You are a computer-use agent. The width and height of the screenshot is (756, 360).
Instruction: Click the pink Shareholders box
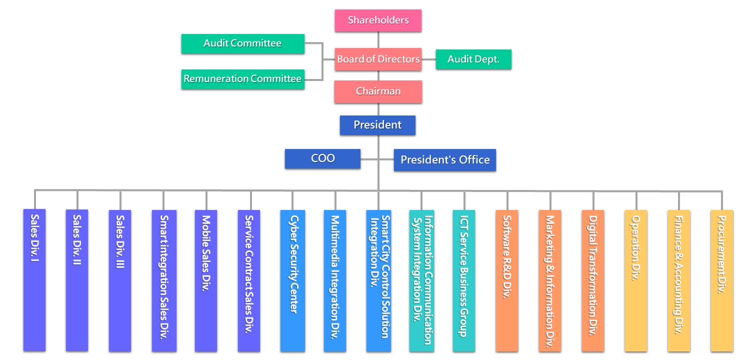[x=378, y=21]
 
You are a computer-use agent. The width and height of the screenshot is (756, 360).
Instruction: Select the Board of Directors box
[x=378, y=59]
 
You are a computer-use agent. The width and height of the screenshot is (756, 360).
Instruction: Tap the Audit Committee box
[x=242, y=43]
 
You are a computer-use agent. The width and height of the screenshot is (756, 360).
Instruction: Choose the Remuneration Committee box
[x=242, y=79]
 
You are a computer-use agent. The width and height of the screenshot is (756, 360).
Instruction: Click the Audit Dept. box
[x=473, y=59]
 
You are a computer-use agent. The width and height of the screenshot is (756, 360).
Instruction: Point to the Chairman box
[x=378, y=92]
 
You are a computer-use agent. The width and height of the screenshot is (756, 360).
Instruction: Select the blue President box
[x=377, y=125]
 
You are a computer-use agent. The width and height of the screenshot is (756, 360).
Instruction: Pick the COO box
[x=322, y=159]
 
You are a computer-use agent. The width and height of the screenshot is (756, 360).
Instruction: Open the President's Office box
[x=445, y=160]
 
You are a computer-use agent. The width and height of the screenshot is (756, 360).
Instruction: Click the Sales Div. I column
[x=34, y=280]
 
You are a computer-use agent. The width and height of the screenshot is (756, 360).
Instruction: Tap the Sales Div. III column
[x=120, y=280]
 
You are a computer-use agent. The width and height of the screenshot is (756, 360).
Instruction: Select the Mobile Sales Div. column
[x=206, y=280]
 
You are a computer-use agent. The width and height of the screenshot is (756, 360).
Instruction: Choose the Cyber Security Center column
[x=293, y=280]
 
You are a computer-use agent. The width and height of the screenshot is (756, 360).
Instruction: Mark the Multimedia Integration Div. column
[x=335, y=280]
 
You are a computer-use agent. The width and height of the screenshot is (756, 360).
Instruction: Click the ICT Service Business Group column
[x=464, y=280]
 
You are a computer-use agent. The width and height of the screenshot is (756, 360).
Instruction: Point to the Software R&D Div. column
[x=507, y=280]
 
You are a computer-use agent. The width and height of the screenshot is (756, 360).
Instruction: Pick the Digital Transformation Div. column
[x=592, y=280]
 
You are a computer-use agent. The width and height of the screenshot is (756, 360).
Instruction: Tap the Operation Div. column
[x=635, y=280]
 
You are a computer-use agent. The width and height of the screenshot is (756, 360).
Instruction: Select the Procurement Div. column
[x=721, y=280]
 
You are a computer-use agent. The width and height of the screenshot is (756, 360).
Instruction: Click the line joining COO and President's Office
[x=370, y=159]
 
